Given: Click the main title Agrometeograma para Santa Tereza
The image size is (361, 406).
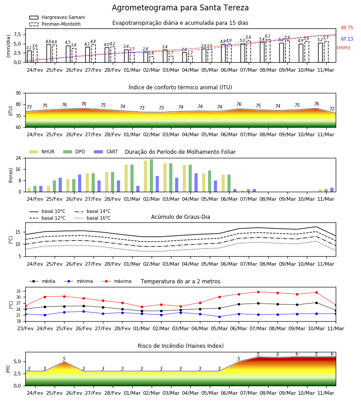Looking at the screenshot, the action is tap(180, 8).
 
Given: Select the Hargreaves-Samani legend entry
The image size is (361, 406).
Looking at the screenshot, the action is tap(57, 17).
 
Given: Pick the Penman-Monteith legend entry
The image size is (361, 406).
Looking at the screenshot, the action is tap(55, 24).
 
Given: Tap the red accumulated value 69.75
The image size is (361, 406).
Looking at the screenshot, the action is tap(347, 28).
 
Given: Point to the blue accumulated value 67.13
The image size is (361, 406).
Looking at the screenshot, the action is tap(347, 39).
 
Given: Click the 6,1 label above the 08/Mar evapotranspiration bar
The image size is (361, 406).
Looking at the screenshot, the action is tap(268, 36).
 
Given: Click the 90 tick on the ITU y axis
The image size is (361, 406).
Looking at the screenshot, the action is tap(19, 93).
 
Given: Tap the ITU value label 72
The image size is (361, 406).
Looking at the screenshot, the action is tap(332, 109).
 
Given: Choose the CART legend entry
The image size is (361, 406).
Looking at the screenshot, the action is tap(106, 152).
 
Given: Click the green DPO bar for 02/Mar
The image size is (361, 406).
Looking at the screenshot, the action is tap(152, 175).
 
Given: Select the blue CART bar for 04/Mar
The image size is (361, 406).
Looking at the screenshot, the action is tap(196, 183).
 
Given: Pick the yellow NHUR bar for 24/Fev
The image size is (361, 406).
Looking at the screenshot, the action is tap(29, 190).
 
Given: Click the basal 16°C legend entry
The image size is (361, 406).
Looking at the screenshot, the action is tap(93, 218).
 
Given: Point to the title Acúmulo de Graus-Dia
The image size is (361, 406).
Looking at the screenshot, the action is tap(180, 217).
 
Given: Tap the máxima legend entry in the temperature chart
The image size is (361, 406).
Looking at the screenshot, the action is tap(116, 281).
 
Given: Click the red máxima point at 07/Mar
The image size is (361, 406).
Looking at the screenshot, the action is tap(258, 292).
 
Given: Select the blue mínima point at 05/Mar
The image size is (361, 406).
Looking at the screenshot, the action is tap(219, 317).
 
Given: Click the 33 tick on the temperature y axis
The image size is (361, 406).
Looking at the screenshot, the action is tap(19, 291).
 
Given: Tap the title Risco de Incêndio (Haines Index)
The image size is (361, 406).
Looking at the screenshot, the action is tap(180, 346).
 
